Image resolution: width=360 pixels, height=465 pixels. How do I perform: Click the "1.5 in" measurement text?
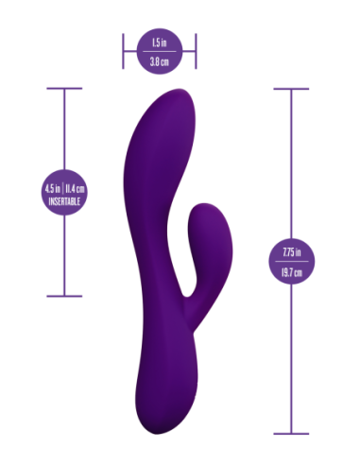(159, 43)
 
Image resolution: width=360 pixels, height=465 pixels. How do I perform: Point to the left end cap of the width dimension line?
(122, 51)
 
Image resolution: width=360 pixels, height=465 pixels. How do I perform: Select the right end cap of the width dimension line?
(197, 51)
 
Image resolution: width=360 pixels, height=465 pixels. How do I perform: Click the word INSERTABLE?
(64, 201)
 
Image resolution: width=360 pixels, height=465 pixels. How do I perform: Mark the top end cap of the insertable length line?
(64, 90)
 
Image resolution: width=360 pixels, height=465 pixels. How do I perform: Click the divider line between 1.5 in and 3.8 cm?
(159, 51)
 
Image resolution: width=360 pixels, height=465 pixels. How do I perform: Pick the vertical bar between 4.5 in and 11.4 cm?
(62, 187)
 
